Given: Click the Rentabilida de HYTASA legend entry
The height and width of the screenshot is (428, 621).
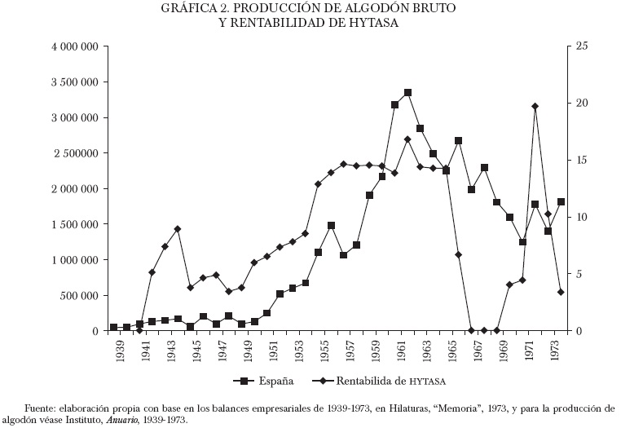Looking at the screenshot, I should click(392, 381).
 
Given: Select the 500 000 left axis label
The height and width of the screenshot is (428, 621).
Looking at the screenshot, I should click(80, 295).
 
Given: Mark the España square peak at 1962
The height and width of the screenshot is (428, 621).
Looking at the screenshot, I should click(407, 93).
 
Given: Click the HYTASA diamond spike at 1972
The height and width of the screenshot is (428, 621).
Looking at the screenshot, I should click(535, 106).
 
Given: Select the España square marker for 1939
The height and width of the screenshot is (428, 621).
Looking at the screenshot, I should click(114, 327).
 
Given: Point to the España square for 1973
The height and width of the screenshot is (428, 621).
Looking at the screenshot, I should click(560, 201).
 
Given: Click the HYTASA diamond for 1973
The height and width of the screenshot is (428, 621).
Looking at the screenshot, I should click(560, 292).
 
